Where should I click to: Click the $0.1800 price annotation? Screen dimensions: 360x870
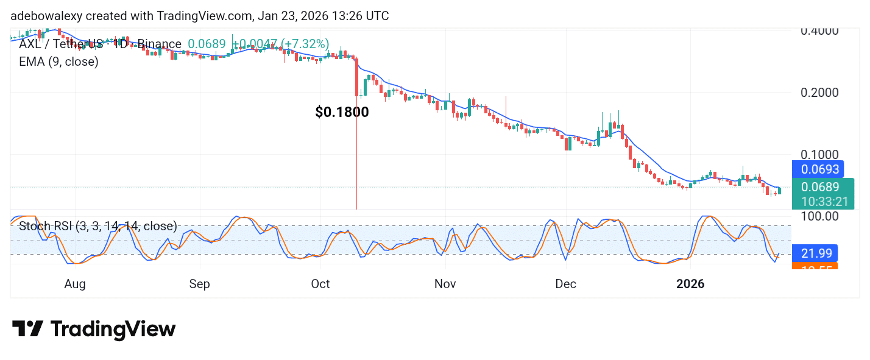click(342, 112)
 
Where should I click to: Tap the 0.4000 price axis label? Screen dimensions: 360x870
click(819, 30)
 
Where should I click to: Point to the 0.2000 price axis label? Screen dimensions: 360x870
click(819, 93)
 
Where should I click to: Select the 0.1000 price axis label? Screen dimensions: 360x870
click(819, 155)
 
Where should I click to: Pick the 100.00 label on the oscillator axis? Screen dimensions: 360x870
click(820, 216)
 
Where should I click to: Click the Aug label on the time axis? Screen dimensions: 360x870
click(75, 284)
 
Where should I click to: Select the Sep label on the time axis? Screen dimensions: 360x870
click(199, 284)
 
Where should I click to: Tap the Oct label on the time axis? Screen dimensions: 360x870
click(320, 284)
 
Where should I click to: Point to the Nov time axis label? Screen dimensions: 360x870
click(445, 284)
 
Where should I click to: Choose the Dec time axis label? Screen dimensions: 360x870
click(565, 284)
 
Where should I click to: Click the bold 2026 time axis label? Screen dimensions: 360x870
click(691, 284)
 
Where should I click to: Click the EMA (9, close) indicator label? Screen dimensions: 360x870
click(58, 62)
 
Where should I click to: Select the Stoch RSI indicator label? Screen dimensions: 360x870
click(97, 227)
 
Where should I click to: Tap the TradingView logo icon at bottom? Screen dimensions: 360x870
click(27, 330)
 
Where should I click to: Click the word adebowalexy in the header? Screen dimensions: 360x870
click(46, 16)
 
